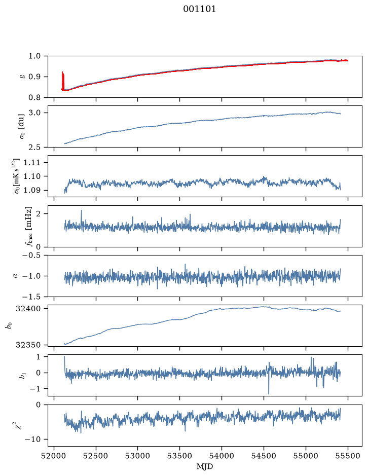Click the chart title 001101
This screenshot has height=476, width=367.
click(x=199, y=9)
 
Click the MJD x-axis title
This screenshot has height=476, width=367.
click(x=205, y=466)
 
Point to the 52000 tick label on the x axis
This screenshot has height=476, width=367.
click(x=54, y=456)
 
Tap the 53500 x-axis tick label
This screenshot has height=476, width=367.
click(x=180, y=456)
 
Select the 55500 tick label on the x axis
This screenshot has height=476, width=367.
click(x=348, y=456)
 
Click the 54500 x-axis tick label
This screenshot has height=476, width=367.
click(x=264, y=456)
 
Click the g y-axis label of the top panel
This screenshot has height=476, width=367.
click(x=21, y=77)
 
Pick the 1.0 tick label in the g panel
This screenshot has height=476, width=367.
click(x=34, y=56)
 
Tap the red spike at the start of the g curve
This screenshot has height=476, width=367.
click(x=63, y=81)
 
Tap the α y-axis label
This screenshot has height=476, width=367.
click(x=15, y=276)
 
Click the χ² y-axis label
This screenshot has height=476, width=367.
click(x=20, y=425)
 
